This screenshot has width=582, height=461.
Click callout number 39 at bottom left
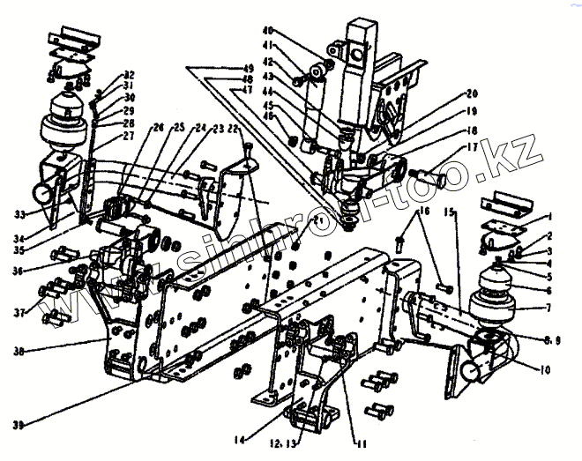pos(19,425)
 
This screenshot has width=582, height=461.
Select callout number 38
pos(19,350)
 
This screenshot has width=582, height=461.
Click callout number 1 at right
pos(550,216)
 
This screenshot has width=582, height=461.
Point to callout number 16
pos(424,212)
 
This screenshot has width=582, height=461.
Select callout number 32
pos(130,74)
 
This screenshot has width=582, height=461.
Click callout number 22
pos(234,129)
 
